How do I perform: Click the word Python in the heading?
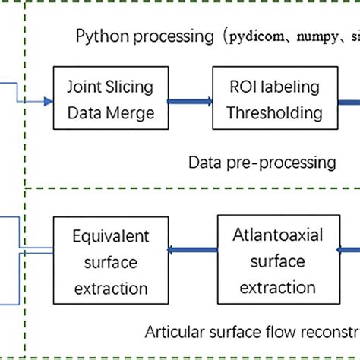click(x=96, y=36)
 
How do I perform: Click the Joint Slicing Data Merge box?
click(x=103, y=102)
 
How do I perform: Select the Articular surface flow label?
click(x=251, y=331)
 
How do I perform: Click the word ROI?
click(x=235, y=90)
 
